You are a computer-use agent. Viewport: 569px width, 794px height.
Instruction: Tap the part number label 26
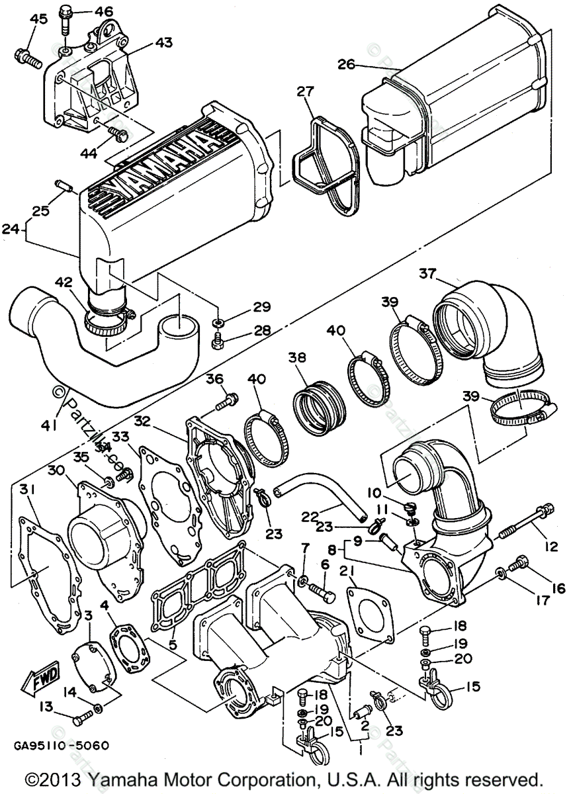tap(345, 64)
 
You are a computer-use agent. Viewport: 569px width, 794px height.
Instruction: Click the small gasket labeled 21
tap(368, 609)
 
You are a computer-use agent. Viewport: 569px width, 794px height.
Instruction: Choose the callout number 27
tap(304, 92)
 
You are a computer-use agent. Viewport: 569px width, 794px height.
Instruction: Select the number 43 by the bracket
tap(163, 43)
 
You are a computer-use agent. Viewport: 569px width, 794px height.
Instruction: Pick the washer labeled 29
tap(218, 322)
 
